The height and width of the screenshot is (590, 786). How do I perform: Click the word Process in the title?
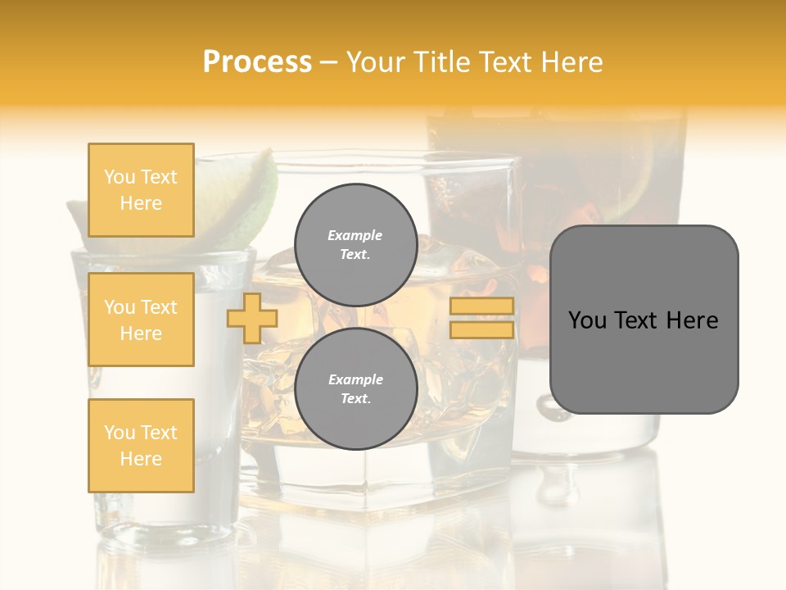(x=257, y=62)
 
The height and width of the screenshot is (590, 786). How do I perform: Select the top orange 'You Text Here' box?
(x=141, y=190)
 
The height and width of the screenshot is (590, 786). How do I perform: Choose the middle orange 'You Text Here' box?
(x=141, y=320)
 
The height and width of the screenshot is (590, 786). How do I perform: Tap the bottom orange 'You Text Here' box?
(x=141, y=446)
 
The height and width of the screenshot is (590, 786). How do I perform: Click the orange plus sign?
(x=252, y=318)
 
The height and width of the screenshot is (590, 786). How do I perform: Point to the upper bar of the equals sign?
(x=481, y=306)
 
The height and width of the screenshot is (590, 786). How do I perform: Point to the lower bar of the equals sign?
(x=481, y=329)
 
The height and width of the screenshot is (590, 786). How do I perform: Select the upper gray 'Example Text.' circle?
(x=355, y=244)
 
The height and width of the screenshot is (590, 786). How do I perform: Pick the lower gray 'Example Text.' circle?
(x=355, y=389)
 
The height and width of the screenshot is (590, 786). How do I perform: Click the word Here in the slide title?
(x=570, y=62)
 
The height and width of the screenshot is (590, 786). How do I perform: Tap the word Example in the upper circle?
(x=355, y=235)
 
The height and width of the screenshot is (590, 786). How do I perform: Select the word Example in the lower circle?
(x=355, y=379)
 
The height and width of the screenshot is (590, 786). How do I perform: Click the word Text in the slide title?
(x=504, y=62)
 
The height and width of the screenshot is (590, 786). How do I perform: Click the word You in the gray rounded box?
(x=587, y=320)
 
